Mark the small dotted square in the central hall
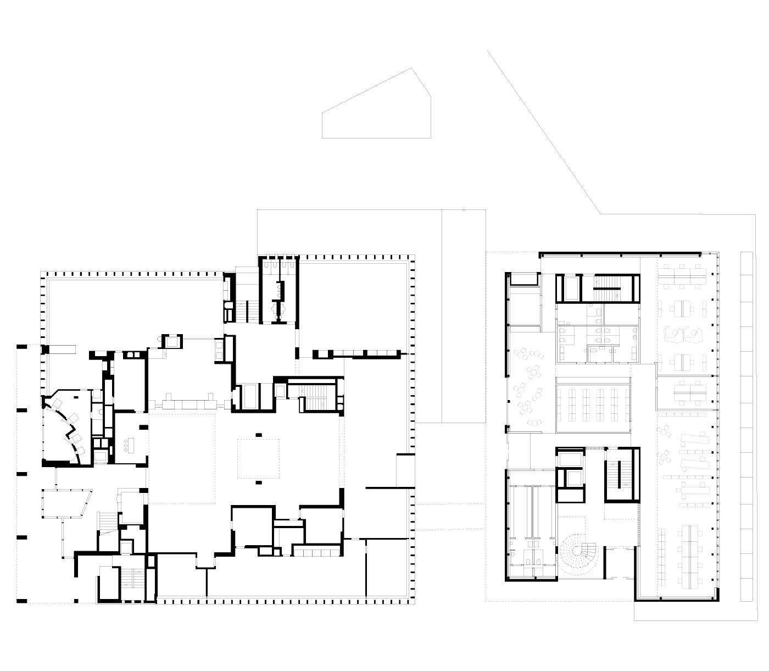pyautogui.click(x=258, y=458)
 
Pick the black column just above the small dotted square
pyautogui.click(x=258, y=435)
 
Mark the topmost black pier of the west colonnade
pyautogui.click(x=21, y=346)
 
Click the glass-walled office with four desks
pyautogui.click(x=687, y=392)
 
